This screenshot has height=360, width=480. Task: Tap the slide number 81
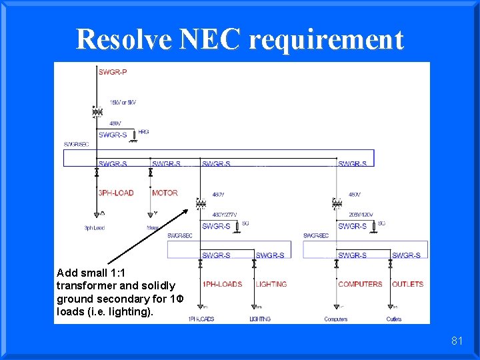pyautogui.click(x=457, y=341)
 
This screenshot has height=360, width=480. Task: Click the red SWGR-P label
pyautogui.click(x=113, y=72)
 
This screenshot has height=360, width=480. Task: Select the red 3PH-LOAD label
pyautogui.click(x=116, y=193)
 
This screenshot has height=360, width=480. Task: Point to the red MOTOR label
pyautogui.click(x=165, y=193)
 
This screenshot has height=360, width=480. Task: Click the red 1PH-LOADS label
pyautogui.click(x=222, y=284)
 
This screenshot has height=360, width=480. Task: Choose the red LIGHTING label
pyautogui.click(x=271, y=284)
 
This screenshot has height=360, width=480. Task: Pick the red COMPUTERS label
pyautogui.click(x=360, y=284)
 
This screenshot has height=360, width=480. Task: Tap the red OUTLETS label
pyautogui.click(x=407, y=284)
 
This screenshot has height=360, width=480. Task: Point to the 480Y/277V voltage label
pyautogui.click(x=225, y=215)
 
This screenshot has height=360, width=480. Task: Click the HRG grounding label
pyautogui.click(x=144, y=132)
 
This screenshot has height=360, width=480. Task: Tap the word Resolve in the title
pyautogui.click(x=124, y=39)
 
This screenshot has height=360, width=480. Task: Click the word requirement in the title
pyautogui.click(x=326, y=39)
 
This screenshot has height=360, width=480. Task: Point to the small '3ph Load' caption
pyautogui.click(x=94, y=228)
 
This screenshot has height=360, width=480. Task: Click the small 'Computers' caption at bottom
pyautogui.click(x=336, y=319)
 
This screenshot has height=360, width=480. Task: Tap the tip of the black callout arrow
pyautogui.click(x=189, y=209)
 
